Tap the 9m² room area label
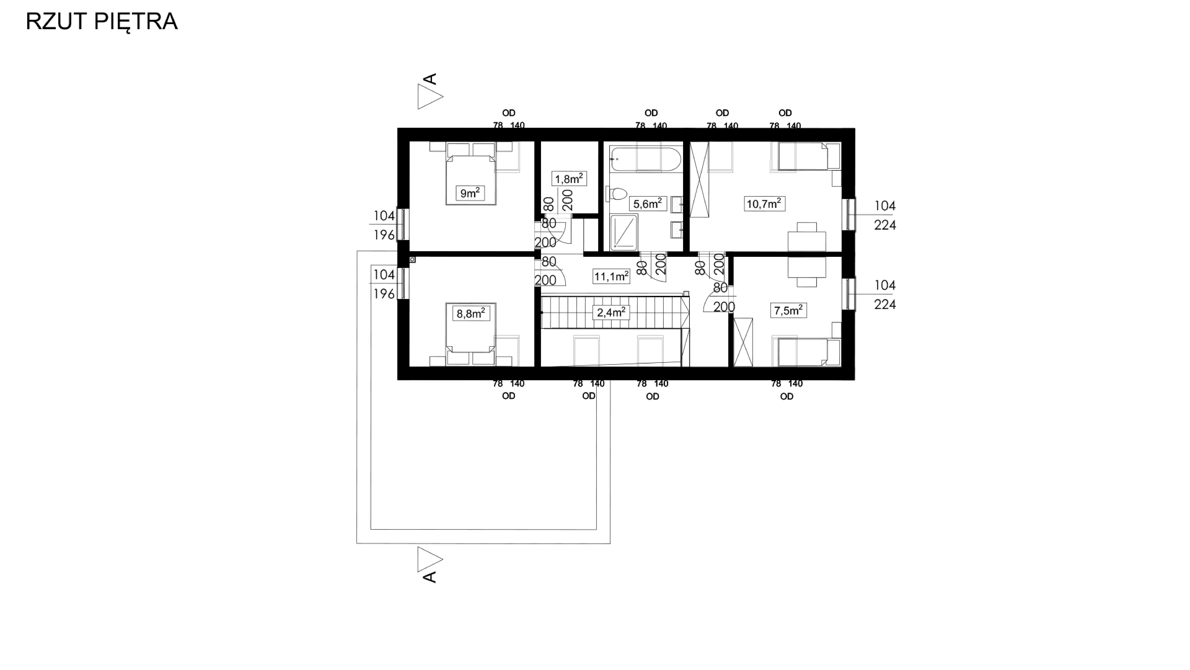[470, 193]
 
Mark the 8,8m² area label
[471, 314]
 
